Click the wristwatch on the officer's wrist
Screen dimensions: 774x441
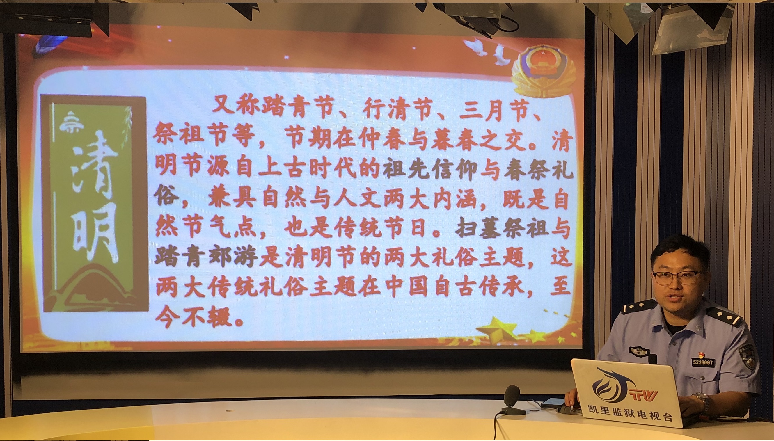(x=704, y=400)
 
